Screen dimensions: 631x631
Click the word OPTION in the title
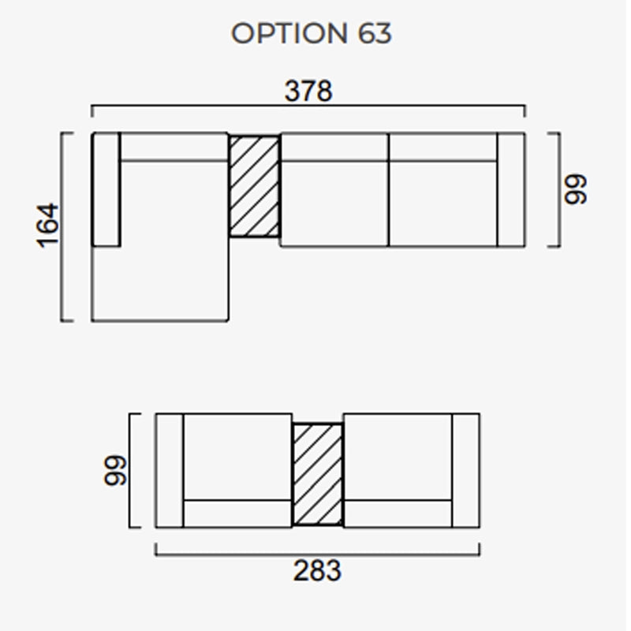(x=289, y=33)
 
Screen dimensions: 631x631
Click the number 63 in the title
(x=374, y=33)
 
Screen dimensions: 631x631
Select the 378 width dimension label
(x=308, y=91)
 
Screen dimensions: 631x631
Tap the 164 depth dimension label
(x=47, y=226)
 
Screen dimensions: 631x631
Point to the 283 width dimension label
(x=317, y=570)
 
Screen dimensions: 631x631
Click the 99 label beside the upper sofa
(x=576, y=189)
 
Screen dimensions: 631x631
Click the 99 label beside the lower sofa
(x=115, y=470)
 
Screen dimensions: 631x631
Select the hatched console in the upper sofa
(x=254, y=186)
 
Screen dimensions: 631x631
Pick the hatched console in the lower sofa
(x=318, y=475)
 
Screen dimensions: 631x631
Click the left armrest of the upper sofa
(x=106, y=189)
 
